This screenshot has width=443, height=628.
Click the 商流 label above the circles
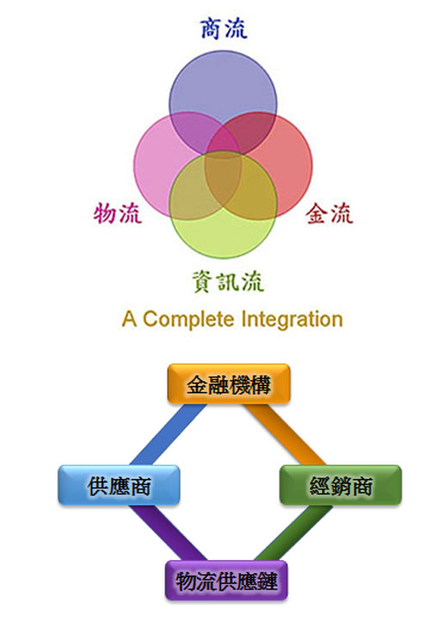coord(224,28)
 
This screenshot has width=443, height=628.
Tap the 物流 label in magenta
coord(118,212)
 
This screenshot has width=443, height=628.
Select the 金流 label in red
coord(329,213)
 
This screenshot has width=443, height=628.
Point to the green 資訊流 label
coord(228,281)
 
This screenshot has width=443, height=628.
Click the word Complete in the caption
coord(188,320)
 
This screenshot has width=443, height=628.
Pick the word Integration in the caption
coord(292,320)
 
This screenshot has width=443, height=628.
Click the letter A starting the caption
coord(129,319)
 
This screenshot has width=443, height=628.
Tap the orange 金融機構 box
coord(229,384)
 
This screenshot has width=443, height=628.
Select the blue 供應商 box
coord(119,485)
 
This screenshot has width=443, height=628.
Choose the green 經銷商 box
coord(341,485)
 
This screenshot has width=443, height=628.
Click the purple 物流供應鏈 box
coord(227,581)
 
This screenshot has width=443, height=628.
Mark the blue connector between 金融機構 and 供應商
coord(169,434)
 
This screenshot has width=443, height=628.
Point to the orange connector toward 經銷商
coord(285,434)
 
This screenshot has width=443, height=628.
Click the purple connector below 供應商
coord(168,533)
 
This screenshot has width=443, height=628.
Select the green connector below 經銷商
coord(293,533)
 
